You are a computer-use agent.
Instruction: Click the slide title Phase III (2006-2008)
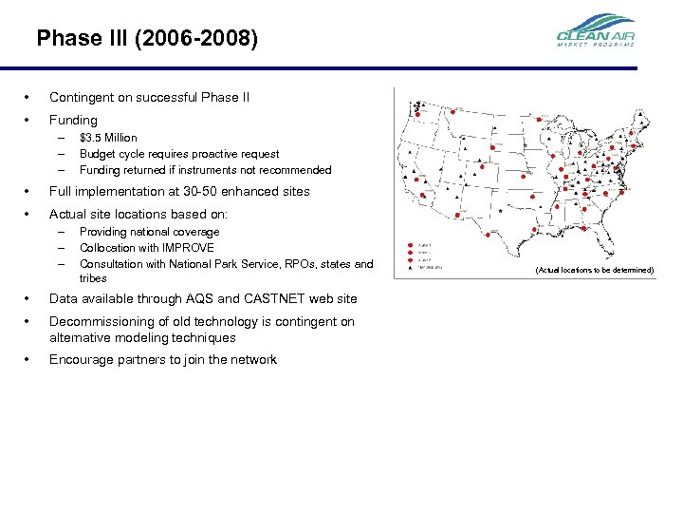tap(146, 39)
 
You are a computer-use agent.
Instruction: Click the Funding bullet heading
tap(73, 120)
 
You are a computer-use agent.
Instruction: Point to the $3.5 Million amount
tap(108, 138)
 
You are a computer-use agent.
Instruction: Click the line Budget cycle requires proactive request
tap(179, 154)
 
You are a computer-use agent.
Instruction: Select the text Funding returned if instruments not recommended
tap(205, 170)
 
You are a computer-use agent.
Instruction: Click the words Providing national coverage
tap(149, 232)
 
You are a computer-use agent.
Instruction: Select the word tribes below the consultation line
tap(93, 278)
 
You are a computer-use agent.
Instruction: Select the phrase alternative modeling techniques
tap(142, 337)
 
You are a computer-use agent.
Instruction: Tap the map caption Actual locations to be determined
tap(594, 270)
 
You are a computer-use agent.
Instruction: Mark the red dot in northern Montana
tap(452, 112)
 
